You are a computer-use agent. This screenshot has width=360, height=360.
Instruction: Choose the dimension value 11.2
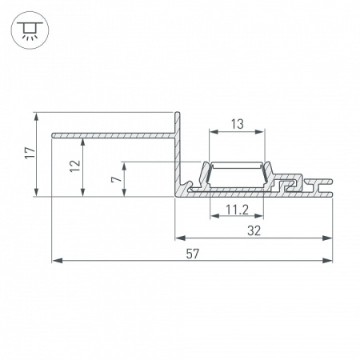tap(234, 210)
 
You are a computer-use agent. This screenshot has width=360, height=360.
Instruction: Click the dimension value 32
tap(254, 230)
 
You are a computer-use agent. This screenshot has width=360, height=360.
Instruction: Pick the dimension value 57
tap(192, 254)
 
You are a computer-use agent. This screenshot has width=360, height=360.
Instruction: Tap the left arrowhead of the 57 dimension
tap(55, 260)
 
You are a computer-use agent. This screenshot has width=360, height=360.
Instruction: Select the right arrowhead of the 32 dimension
tap(328, 238)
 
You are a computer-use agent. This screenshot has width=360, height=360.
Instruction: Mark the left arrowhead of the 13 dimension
tap(211, 132)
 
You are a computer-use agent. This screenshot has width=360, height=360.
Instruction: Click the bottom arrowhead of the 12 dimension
tap(84, 192)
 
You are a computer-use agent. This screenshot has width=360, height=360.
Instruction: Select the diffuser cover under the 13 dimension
tap(238, 163)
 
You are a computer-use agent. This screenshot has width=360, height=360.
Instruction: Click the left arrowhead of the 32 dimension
tap(179, 238)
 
